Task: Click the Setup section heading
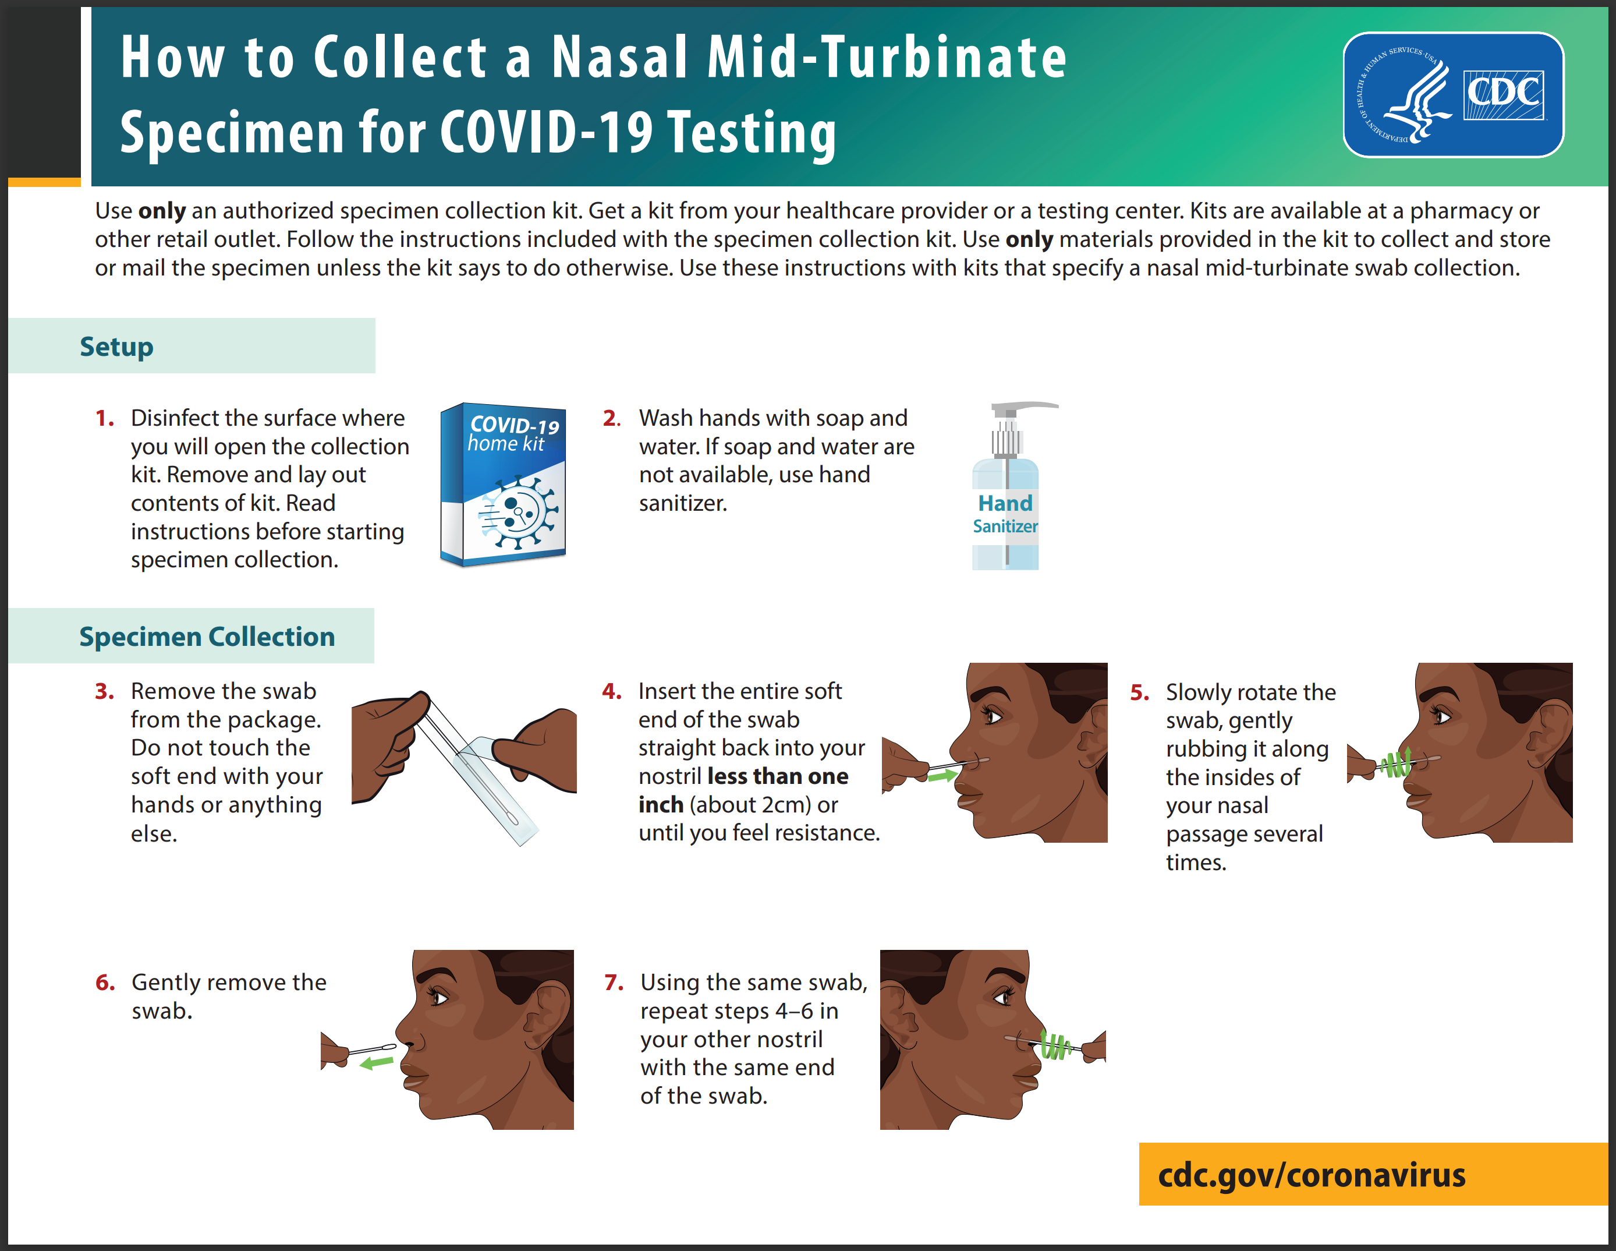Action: [x=117, y=347]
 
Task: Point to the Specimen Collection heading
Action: [x=207, y=637]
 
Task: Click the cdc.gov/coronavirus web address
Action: [x=1311, y=1175]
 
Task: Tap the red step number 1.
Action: [x=104, y=418]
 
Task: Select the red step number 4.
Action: [x=612, y=691]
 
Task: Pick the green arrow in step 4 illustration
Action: [x=942, y=776]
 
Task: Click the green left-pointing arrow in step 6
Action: [x=376, y=1063]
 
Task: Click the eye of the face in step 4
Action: [x=991, y=716]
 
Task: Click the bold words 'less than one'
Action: [x=778, y=776]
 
